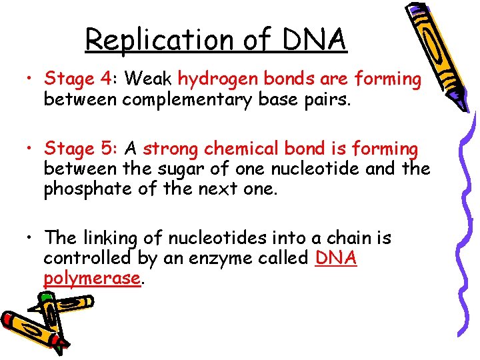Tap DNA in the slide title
(x=315, y=39)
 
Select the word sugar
(x=183, y=169)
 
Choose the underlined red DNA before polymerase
(x=335, y=258)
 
